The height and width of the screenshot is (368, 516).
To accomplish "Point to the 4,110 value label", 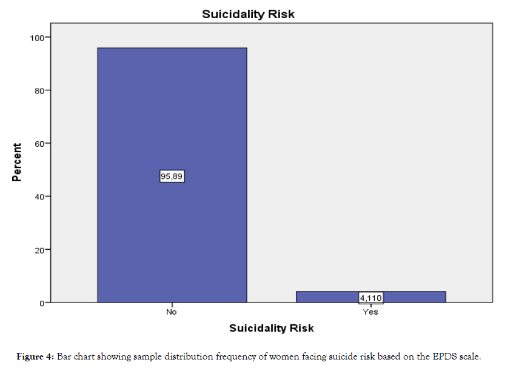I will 370,298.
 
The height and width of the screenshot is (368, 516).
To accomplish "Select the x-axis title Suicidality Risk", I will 271,328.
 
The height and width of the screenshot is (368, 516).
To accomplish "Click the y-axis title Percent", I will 18,162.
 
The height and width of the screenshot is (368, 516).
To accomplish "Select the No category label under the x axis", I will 172,312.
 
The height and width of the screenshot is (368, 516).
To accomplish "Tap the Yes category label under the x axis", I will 370,312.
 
